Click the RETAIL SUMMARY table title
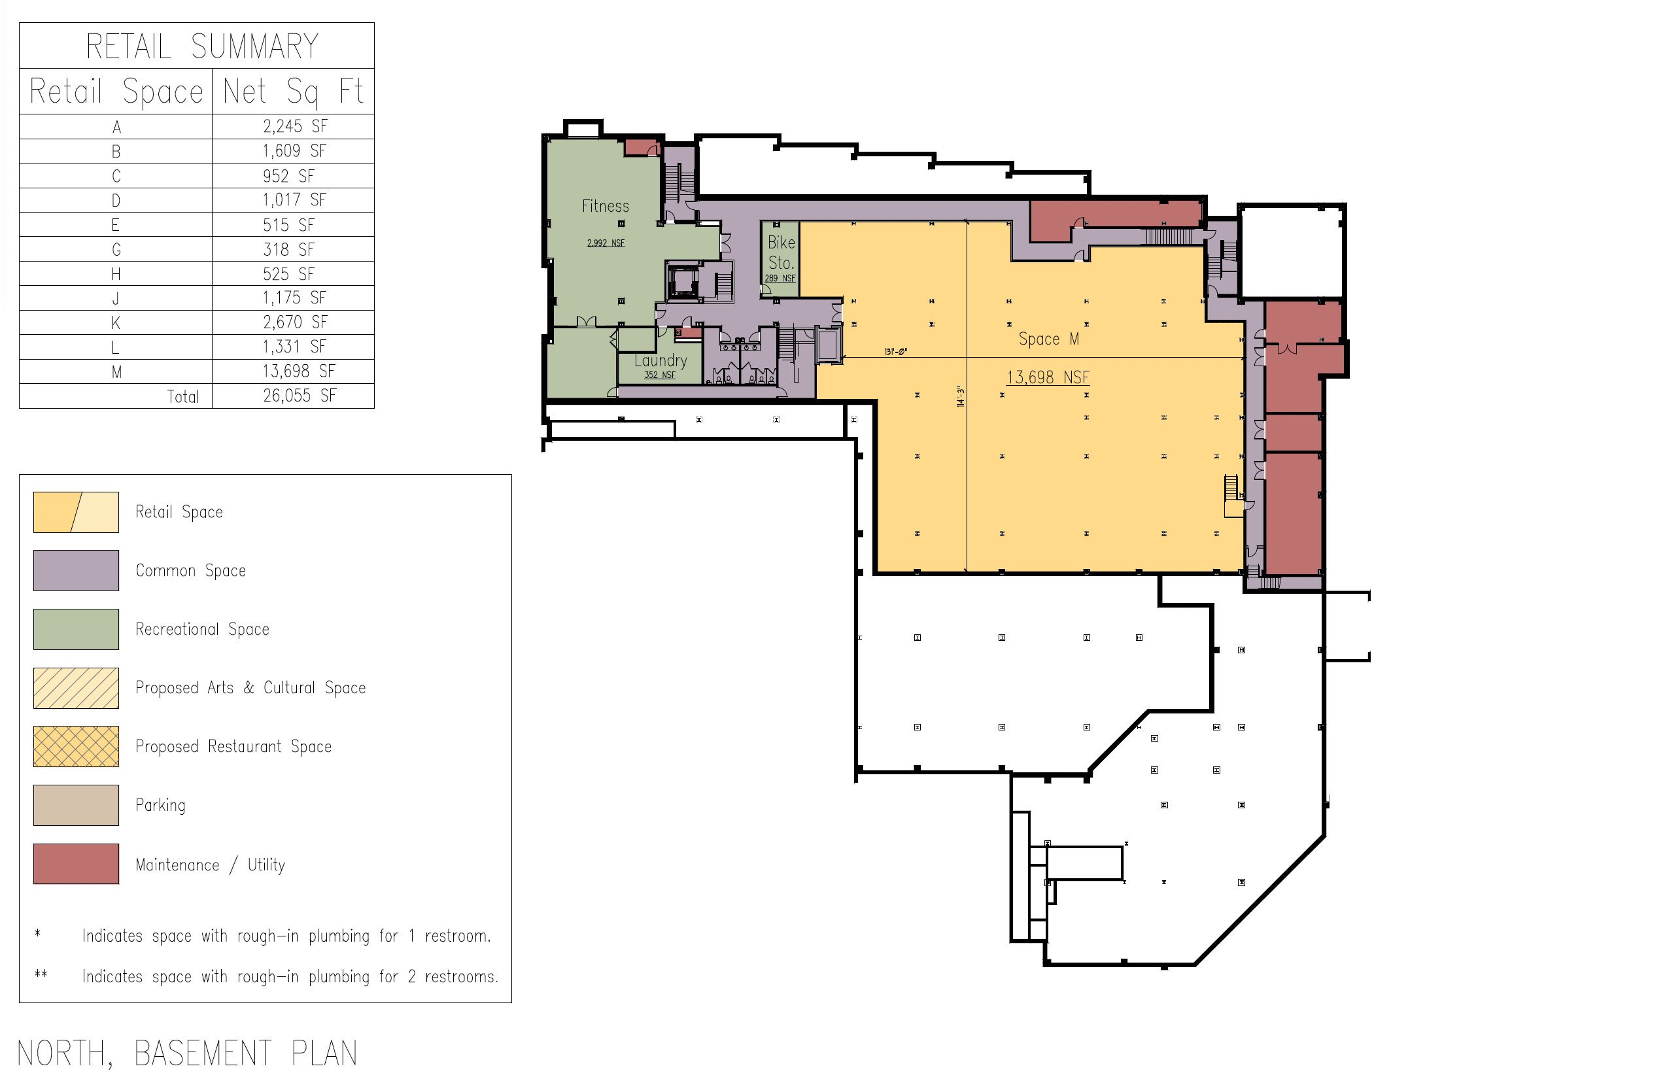pyautogui.click(x=202, y=47)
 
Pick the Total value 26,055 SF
pyautogui.click(x=300, y=396)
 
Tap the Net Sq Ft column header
pyautogui.click(x=293, y=92)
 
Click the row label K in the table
pyautogui.click(x=116, y=322)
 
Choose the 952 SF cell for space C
pyautogui.click(x=288, y=176)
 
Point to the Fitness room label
pyautogui.click(x=605, y=206)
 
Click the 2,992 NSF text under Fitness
pyautogui.click(x=605, y=243)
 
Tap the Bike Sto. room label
pyautogui.click(x=781, y=252)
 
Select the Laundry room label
pyautogui.click(x=661, y=360)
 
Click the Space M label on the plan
pyautogui.click(x=1048, y=339)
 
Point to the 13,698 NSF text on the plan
pyautogui.click(x=1047, y=377)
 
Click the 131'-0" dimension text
pyautogui.click(x=895, y=351)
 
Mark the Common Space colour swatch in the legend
pyautogui.click(x=76, y=570)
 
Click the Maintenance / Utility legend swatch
pyautogui.click(x=76, y=863)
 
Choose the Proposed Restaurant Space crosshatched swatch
pyautogui.click(x=76, y=746)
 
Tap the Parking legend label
pyautogui.click(x=160, y=806)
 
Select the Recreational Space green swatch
pyautogui.click(x=76, y=629)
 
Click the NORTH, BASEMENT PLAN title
pyautogui.click(x=187, y=1053)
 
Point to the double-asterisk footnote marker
pyautogui.click(x=41, y=973)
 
